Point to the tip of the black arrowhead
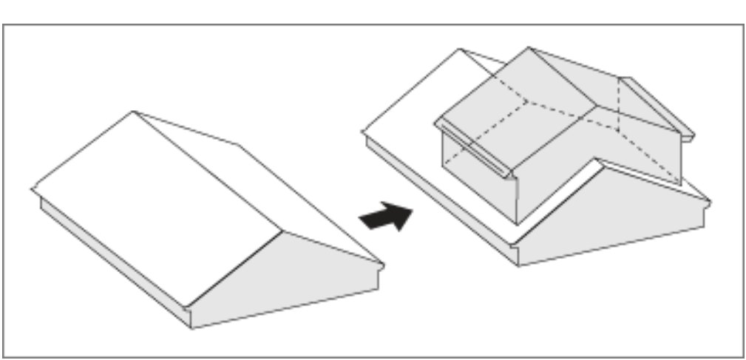412,208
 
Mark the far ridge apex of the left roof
134,112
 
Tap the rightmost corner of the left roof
383,265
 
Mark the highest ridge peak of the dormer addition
529,49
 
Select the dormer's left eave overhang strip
473,150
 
